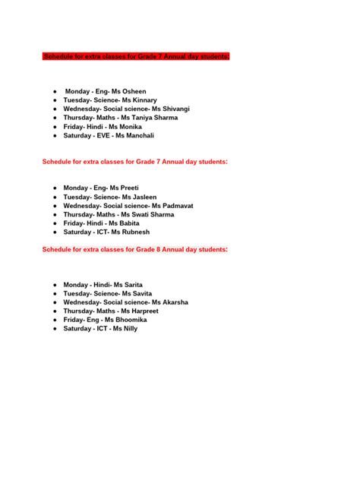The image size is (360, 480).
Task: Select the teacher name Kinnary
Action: tap(144, 99)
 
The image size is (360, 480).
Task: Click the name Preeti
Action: tap(132, 187)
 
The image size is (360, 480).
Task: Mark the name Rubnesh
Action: tap(135, 232)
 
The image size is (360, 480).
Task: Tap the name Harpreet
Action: tap(149, 311)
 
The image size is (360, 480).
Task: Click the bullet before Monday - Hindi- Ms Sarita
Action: tap(55, 285)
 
